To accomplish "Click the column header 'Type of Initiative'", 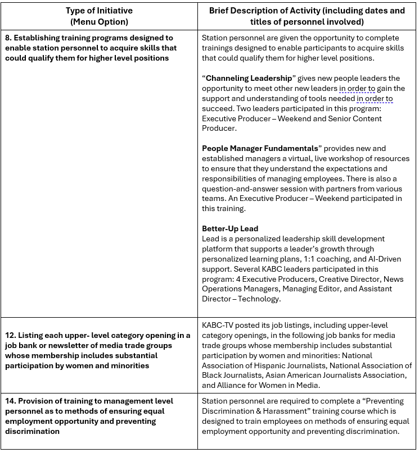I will tap(99, 11).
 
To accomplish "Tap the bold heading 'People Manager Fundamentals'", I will tap(260, 148).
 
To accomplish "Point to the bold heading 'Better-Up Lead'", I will tap(230, 228).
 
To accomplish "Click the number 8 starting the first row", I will tap(8, 38).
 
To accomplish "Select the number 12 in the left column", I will tap(10, 335).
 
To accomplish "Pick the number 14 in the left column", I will tap(10, 401).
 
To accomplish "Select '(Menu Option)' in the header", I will tap(99, 22).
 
